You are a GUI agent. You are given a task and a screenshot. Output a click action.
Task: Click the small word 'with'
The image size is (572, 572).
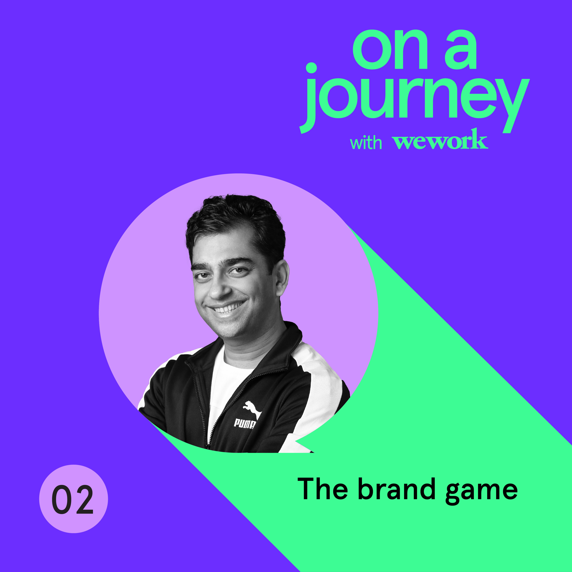366,143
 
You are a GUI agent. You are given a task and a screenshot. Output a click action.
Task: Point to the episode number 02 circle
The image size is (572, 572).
73,499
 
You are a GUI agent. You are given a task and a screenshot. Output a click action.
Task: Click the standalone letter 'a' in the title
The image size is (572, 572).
461,50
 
